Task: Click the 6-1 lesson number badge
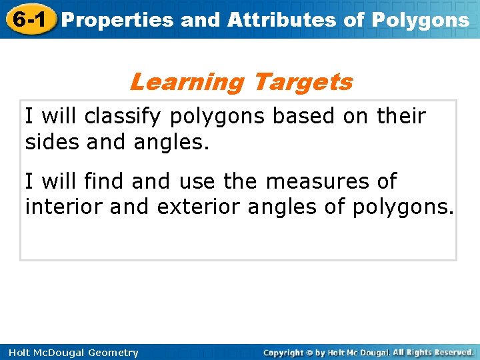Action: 29,19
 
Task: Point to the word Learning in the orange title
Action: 187,82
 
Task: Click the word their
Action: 401,116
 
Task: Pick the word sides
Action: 53,141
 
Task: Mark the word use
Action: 198,181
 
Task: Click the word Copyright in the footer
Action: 283,353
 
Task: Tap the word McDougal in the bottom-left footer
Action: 58,353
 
